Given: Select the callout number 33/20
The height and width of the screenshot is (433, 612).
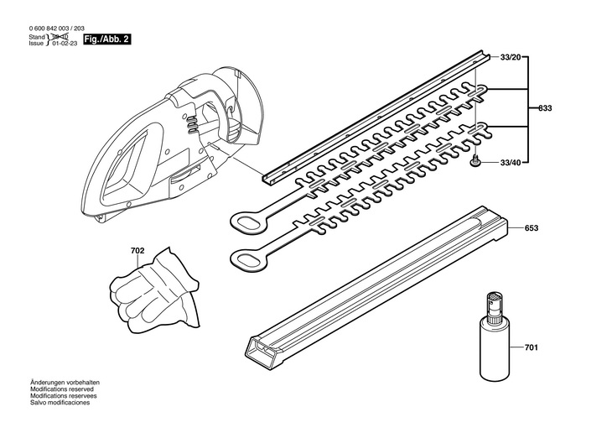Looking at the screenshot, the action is click(510, 57).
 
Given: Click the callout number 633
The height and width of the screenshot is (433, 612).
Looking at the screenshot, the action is click(545, 108).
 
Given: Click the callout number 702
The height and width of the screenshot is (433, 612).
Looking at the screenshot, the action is click(137, 250).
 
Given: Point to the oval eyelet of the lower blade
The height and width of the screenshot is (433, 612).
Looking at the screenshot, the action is click(248, 259).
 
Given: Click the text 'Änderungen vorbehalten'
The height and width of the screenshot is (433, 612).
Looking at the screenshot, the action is click(64, 383).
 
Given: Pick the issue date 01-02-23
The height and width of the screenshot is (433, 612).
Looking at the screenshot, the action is click(65, 44).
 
